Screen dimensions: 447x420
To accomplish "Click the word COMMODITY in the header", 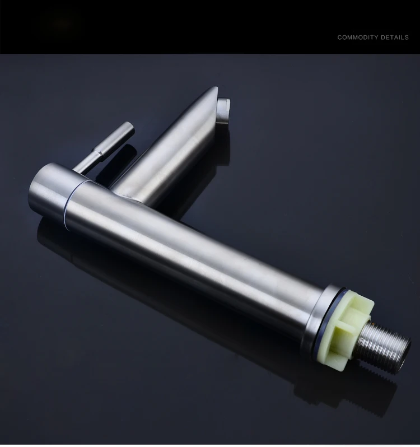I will point(357,38).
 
